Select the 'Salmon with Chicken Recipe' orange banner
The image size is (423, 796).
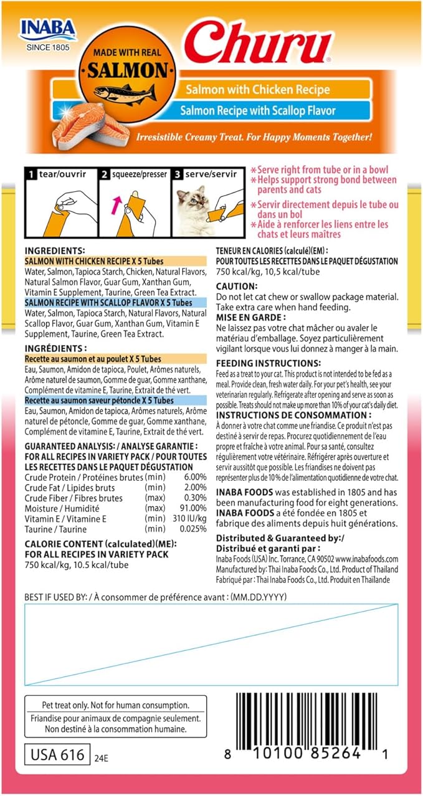pyautogui.click(x=257, y=90)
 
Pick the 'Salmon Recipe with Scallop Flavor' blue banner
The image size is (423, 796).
pyautogui.click(x=257, y=111)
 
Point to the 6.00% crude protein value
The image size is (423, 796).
pyautogui.click(x=194, y=476)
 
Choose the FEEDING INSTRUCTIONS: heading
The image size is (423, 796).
pyautogui.click(x=268, y=362)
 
